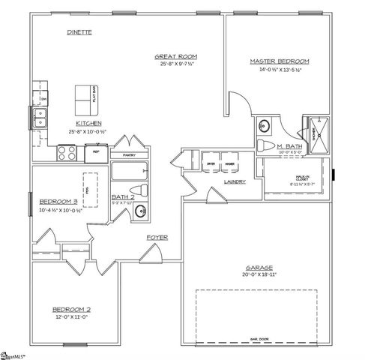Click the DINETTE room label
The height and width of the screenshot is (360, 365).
(79, 33)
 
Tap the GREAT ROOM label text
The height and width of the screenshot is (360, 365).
(175, 56)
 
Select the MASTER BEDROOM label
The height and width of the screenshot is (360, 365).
(279, 61)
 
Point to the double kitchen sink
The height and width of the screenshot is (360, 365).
(40, 118)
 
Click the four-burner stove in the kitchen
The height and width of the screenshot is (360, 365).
(67, 152)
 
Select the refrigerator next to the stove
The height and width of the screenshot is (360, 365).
(96, 152)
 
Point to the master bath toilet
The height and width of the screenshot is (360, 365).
(265, 145)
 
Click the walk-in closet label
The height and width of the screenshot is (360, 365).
(302, 178)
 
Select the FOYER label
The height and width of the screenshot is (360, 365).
(157, 238)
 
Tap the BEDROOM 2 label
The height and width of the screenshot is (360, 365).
(71, 309)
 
